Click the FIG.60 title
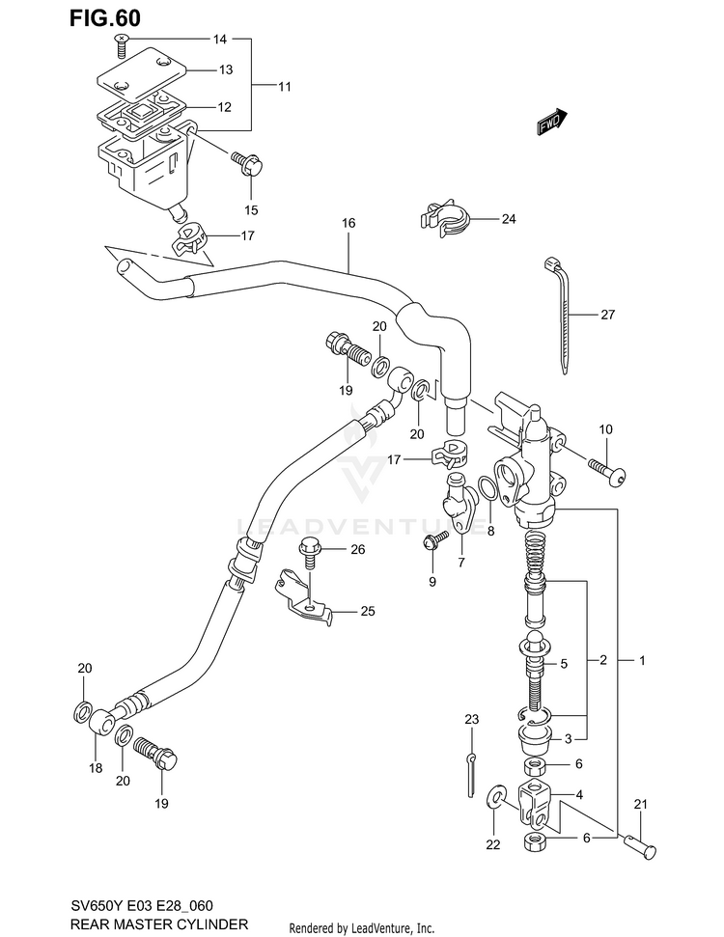click(x=104, y=18)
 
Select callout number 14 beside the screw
click(x=220, y=40)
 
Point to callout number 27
click(x=607, y=315)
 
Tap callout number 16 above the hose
click(x=348, y=223)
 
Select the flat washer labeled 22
click(x=495, y=797)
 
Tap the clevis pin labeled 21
click(x=639, y=847)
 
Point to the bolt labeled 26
click(x=310, y=553)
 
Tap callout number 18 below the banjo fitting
click(x=96, y=768)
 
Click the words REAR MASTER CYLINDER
click(x=159, y=923)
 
